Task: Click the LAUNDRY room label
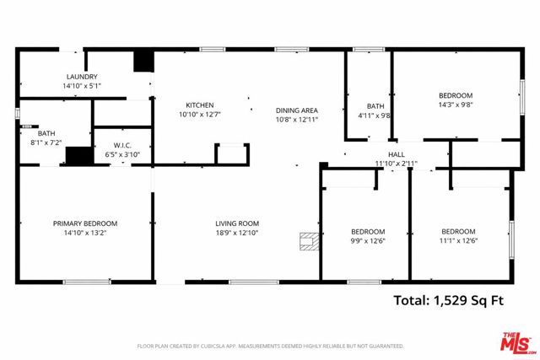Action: tap(81, 76)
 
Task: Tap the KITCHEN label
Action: tap(200, 105)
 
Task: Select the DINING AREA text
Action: tap(296, 110)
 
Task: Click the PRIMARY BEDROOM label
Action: tap(85, 223)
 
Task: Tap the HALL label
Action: tap(396, 154)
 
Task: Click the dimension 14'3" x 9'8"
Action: tap(455, 105)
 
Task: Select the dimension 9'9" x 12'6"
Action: tap(368, 241)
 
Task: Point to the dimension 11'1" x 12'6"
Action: tap(458, 241)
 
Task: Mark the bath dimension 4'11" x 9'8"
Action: tap(375, 116)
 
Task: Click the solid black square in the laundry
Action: tap(143, 62)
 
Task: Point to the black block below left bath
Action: tap(78, 156)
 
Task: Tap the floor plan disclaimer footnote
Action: tap(270, 346)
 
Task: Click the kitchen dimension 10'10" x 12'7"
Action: tap(200, 115)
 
